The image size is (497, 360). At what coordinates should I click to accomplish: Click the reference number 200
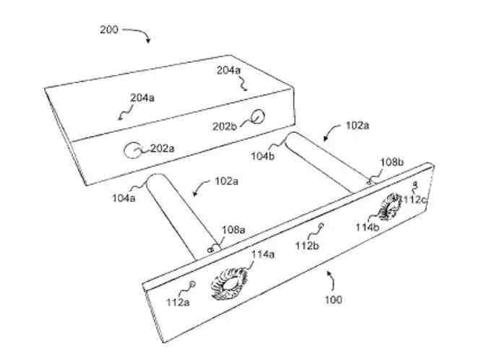pyautogui.click(x=109, y=30)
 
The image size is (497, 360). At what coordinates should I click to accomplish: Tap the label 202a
pyautogui.click(x=163, y=148)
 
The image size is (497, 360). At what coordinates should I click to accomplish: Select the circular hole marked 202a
pyautogui.click(x=132, y=150)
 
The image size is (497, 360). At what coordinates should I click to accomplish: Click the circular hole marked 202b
pyautogui.click(x=258, y=116)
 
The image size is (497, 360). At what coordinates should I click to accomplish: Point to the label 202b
pyautogui.click(x=225, y=127)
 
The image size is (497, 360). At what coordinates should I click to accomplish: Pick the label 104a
pyautogui.click(x=124, y=198)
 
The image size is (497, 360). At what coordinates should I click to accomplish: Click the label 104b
pyautogui.click(x=263, y=156)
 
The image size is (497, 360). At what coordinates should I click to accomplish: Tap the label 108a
pyautogui.click(x=233, y=230)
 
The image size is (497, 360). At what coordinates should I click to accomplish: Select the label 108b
pyautogui.click(x=392, y=163)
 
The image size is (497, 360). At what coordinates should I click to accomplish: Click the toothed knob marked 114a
pyautogui.click(x=230, y=283)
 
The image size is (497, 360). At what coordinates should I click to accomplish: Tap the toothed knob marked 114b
pyautogui.click(x=389, y=207)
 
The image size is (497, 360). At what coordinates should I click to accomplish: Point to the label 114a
pyautogui.click(x=263, y=254)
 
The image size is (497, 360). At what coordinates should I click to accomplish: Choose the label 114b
pyautogui.click(x=368, y=227)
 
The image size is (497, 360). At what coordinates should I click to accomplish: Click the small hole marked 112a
pyautogui.click(x=192, y=283)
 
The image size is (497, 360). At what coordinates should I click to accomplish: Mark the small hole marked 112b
pyautogui.click(x=321, y=226)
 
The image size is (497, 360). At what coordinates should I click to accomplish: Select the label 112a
pyautogui.click(x=178, y=302)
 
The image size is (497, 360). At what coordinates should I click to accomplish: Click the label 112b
pyautogui.click(x=307, y=246)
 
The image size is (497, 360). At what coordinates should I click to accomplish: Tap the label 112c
pyautogui.click(x=415, y=200)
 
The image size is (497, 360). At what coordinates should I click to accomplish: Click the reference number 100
pyautogui.click(x=334, y=300)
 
